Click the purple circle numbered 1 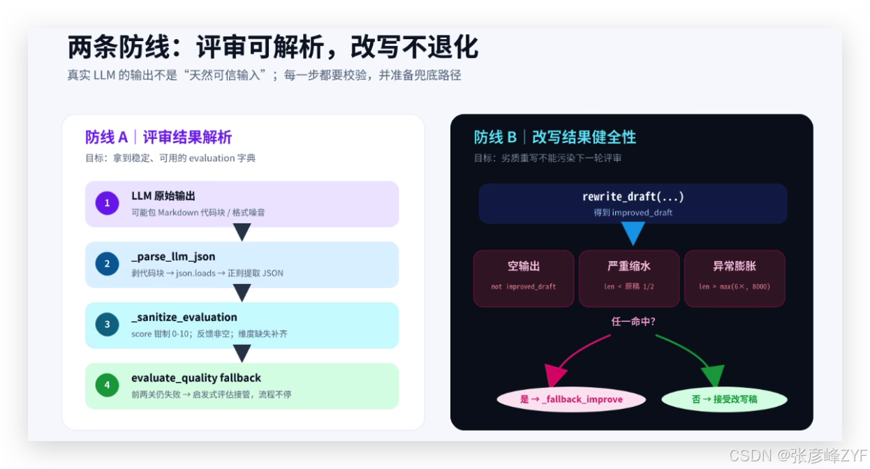[x=108, y=203]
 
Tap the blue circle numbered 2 [x=108, y=264]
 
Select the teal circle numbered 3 [x=108, y=325]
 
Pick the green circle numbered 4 [x=108, y=385]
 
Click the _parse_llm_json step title [x=173, y=257]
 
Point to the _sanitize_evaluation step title [x=184, y=317]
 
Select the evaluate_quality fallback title [x=196, y=378]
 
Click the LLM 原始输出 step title [x=163, y=196]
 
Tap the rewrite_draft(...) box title [x=633, y=196]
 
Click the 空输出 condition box [x=524, y=278]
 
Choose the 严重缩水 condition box [x=629, y=278]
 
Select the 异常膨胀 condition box [x=735, y=278]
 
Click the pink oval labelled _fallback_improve [x=571, y=399]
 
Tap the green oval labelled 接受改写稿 [x=724, y=399]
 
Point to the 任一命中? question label [x=633, y=322]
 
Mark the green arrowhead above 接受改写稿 [x=714, y=375]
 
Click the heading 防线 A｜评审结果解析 [x=158, y=137]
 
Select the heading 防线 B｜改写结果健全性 [x=555, y=137]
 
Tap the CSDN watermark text [x=798, y=456]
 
